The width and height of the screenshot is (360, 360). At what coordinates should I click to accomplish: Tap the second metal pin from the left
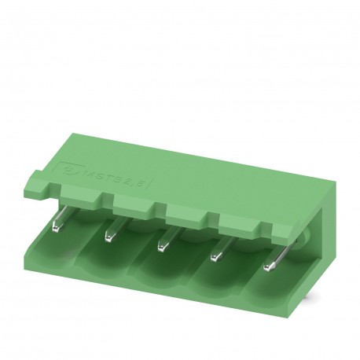click(110, 234)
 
